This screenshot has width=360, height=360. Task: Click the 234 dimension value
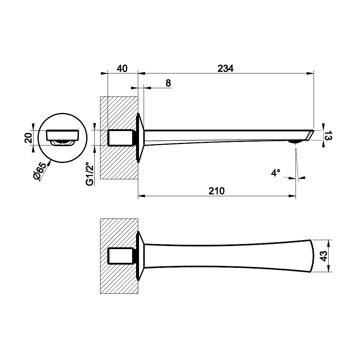tap(225, 68)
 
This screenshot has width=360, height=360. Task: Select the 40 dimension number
tap(122, 68)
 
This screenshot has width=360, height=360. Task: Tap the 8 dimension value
tap(168, 83)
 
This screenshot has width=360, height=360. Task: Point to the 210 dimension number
tap(216, 191)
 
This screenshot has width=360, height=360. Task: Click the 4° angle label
tap(275, 173)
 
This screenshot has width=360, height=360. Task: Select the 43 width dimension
tap(323, 256)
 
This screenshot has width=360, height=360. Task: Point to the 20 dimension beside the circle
tap(28, 138)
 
